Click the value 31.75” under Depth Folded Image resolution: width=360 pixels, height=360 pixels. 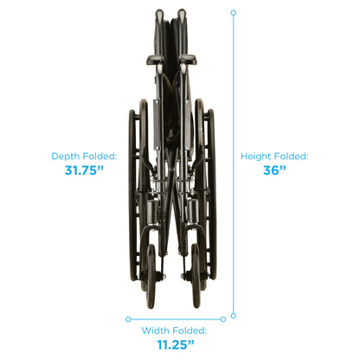pyautogui.click(x=84, y=170)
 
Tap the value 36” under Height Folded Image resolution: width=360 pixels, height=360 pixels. pyautogui.click(x=274, y=170)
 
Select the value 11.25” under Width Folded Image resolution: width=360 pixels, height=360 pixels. pyautogui.click(x=176, y=344)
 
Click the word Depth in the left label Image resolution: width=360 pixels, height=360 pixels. pyautogui.click(x=66, y=157)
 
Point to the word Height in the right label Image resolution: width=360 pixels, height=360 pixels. pyautogui.click(x=256, y=157)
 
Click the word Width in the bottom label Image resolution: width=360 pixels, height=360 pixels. pyautogui.click(x=155, y=331)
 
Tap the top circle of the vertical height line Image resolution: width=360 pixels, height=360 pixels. pyautogui.click(x=234, y=13)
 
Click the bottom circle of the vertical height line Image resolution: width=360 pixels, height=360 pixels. pyautogui.click(x=234, y=316)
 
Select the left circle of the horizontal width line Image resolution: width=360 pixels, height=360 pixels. pyautogui.click(x=128, y=319)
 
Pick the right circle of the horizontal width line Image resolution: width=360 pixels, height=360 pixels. pyautogui.click(x=223, y=319)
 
